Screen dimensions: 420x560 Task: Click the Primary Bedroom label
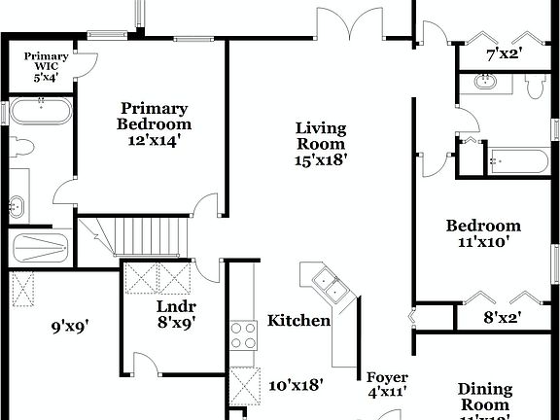click(155, 123)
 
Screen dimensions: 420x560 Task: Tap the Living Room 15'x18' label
click(321, 143)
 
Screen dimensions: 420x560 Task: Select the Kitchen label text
click(298, 321)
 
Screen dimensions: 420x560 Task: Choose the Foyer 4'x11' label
click(386, 384)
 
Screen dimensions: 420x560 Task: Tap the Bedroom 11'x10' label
click(483, 234)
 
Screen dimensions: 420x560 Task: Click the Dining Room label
click(484, 398)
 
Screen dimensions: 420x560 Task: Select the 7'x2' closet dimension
click(505, 54)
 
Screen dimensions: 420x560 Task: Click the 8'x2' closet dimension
click(503, 316)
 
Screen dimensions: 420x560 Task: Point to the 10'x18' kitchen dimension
click(296, 385)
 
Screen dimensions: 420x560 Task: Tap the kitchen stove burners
click(242, 335)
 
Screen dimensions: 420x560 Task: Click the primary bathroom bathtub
click(41, 112)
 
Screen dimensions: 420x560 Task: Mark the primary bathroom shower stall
click(41, 248)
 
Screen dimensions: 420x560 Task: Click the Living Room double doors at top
click(356, 21)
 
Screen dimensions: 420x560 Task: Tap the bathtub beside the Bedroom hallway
click(511, 159)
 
